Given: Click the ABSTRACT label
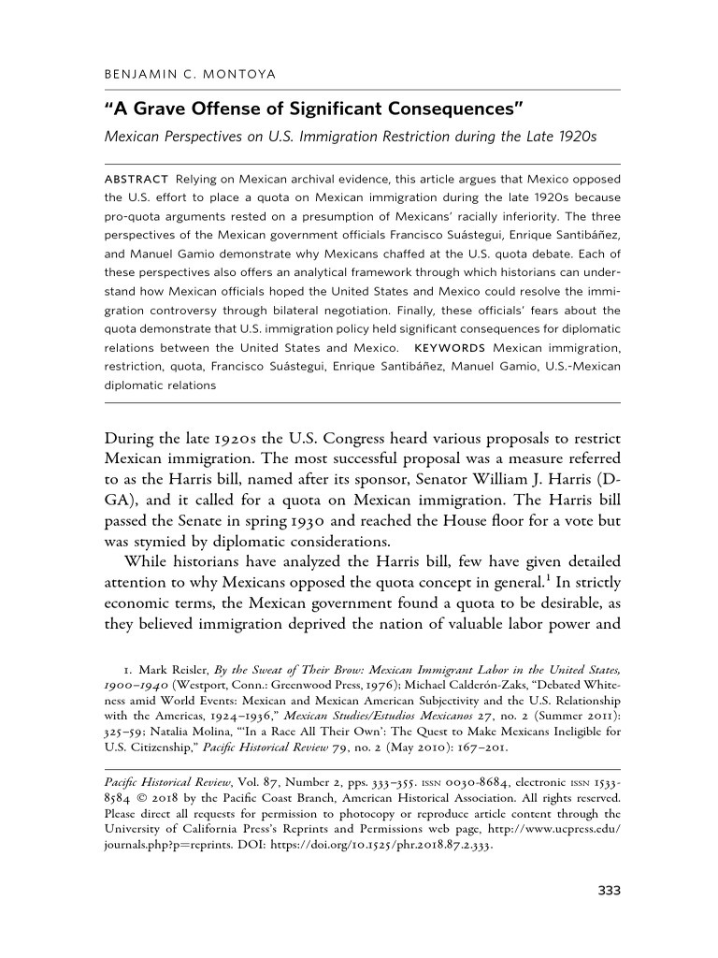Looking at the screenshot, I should pyautogui.click(x=136, y=178).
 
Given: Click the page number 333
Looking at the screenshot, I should pyautogui.click(x=609, y=890).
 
